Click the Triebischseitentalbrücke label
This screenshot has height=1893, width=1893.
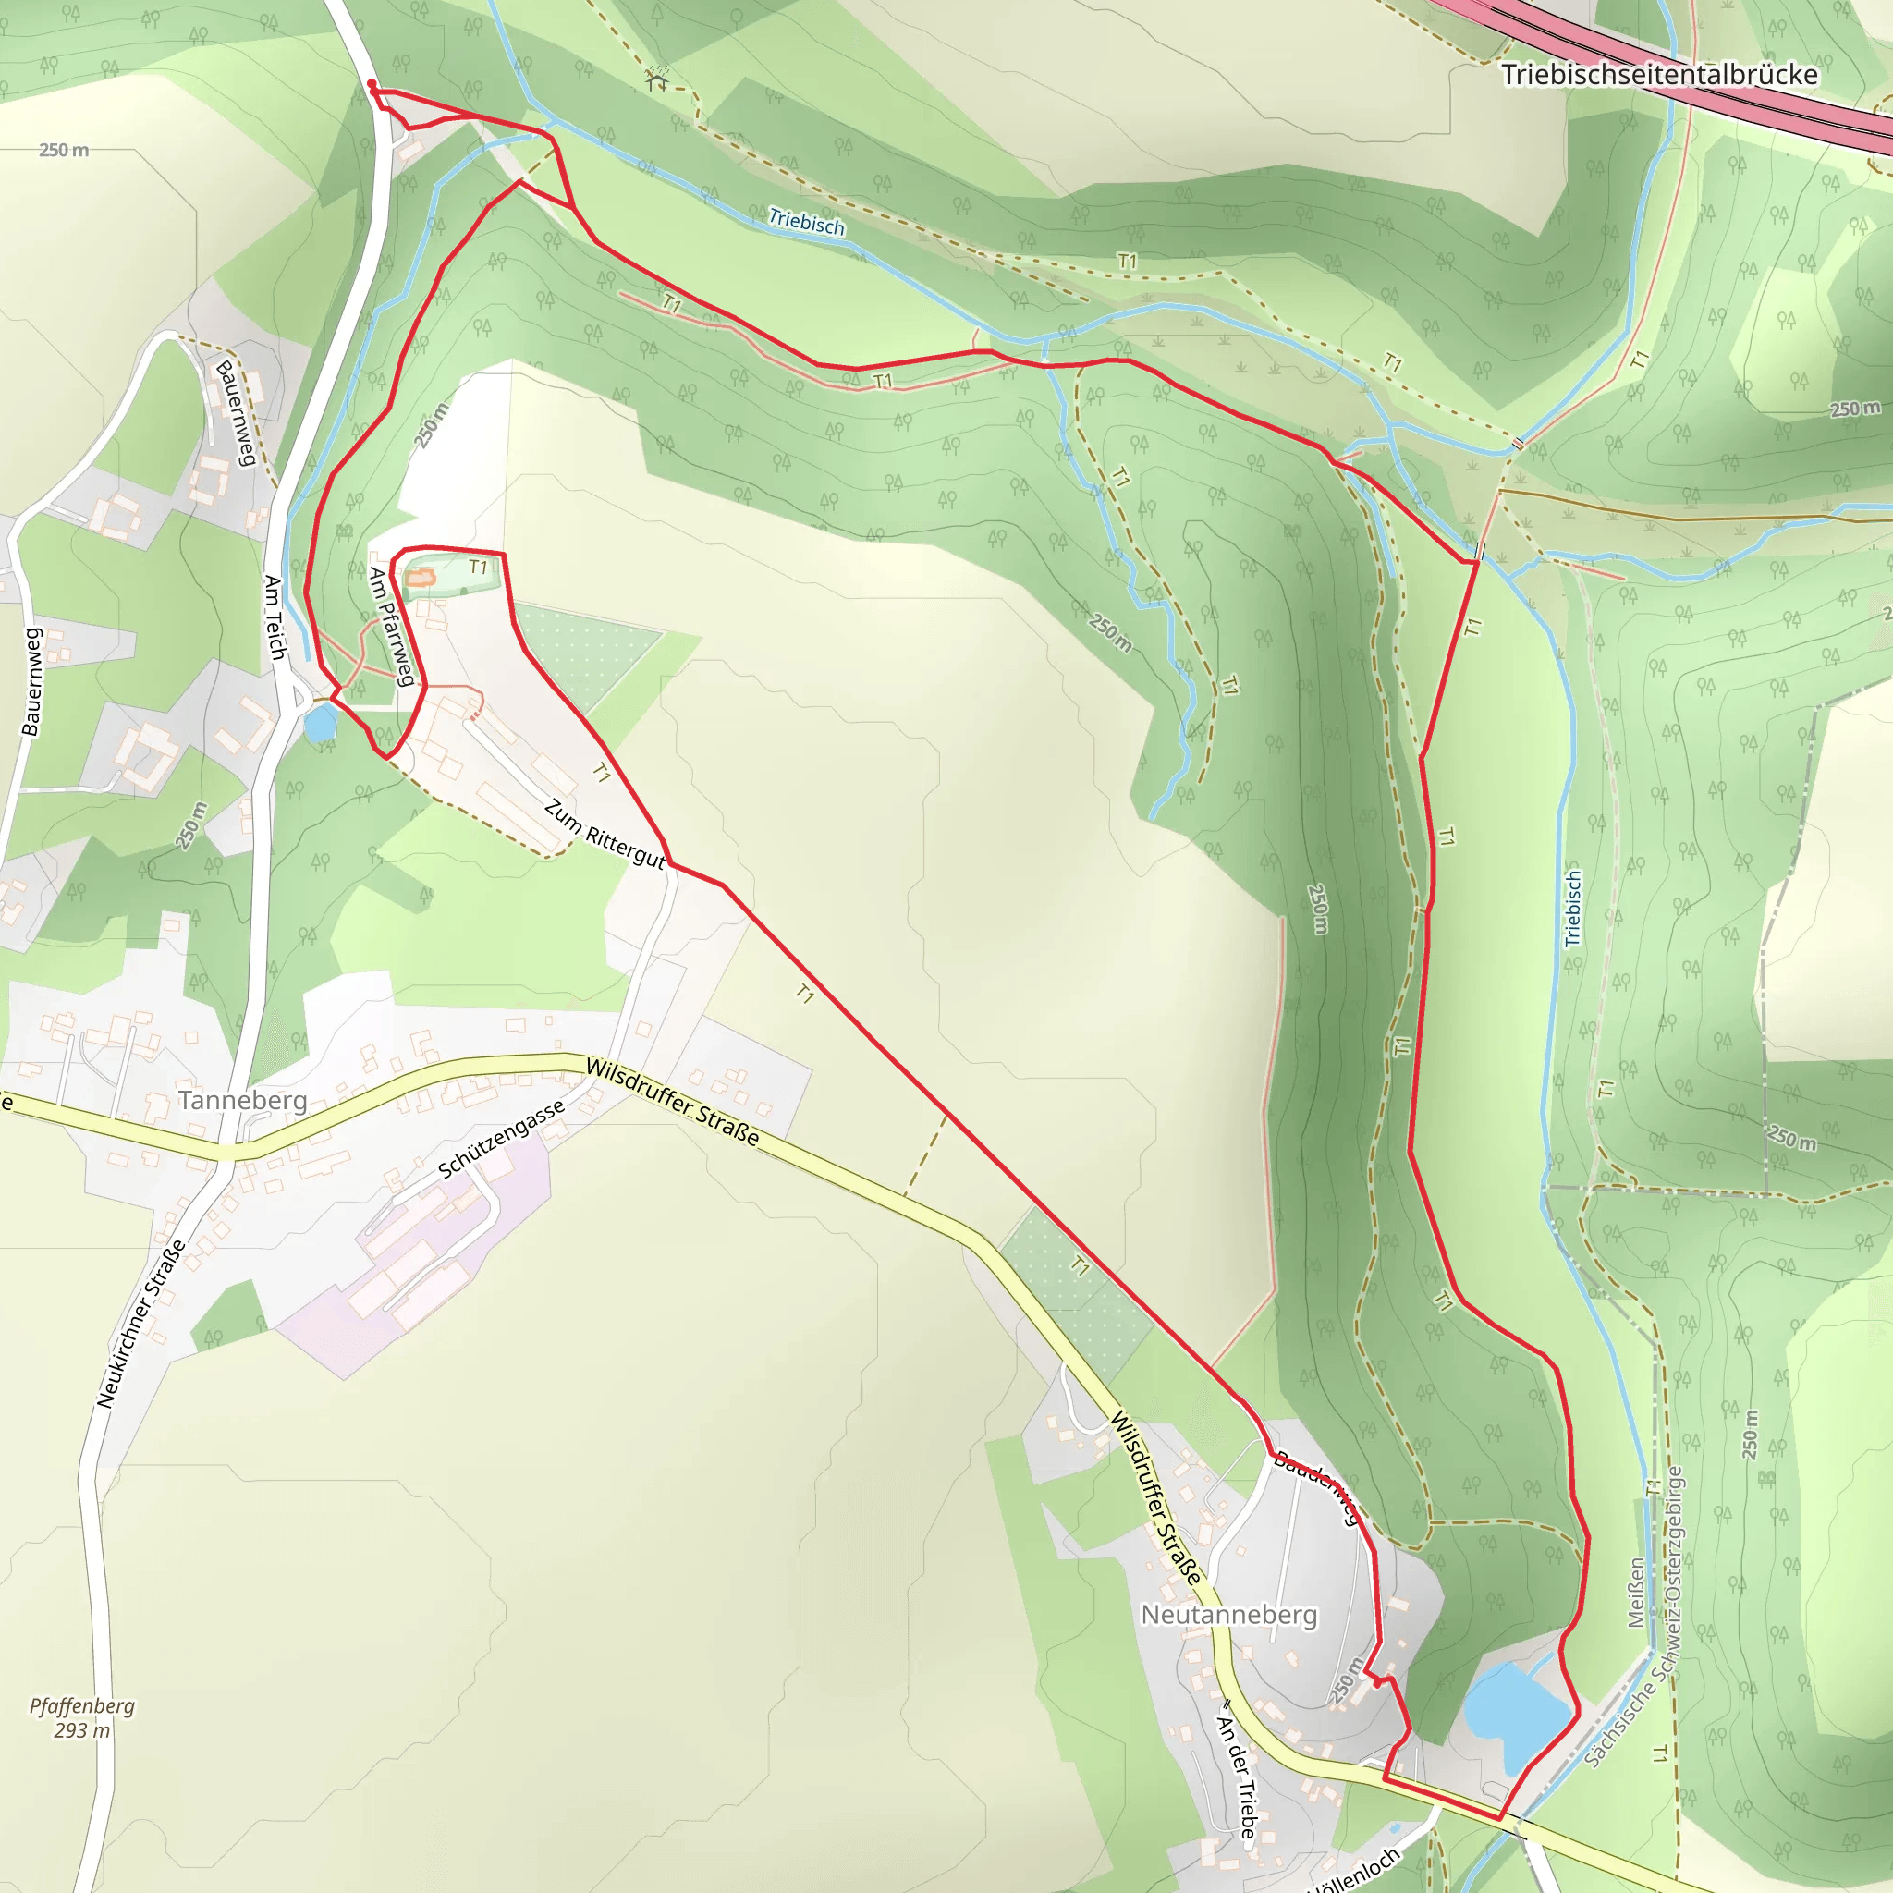1659,75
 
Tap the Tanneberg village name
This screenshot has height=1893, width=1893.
243,1100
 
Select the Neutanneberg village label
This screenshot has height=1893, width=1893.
1229,1614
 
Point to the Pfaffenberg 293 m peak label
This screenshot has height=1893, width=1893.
82,1717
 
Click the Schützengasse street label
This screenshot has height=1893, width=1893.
501,1139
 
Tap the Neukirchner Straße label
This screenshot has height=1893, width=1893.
141,1324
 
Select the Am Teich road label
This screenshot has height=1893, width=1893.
275,617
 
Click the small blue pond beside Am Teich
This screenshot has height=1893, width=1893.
320,724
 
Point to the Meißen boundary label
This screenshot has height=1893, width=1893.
1636,1593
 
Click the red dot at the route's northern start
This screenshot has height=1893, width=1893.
372,84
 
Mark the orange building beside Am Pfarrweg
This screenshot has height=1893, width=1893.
420,578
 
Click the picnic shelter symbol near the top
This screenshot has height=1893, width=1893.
656,79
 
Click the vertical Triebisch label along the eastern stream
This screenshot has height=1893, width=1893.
1572,908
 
